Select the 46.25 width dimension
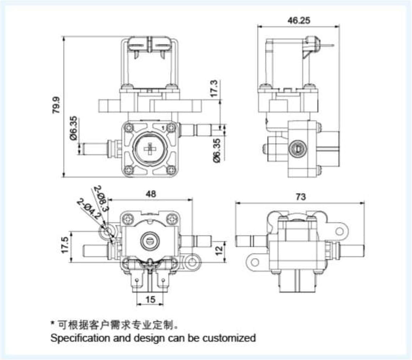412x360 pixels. click(x=299, y=20)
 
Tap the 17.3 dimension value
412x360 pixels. click(x=214, y=88)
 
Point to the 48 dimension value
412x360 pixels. click(x=151, y=194)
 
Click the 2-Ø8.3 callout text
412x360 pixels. click(x=101, y=198)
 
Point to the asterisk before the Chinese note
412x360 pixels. click(x=52, y=323)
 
